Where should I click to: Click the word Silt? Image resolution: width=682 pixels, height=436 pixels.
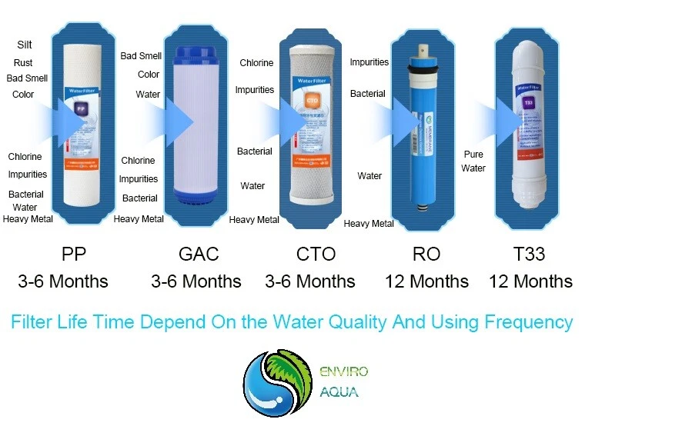25,45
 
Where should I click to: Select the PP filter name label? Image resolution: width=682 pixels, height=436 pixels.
74,254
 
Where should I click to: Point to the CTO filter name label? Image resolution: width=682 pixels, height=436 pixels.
316,254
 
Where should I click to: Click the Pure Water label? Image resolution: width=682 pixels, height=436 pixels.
473,161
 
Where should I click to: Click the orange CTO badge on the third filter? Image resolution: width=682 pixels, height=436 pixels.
313,100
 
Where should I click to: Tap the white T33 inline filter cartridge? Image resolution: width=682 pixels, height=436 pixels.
529,123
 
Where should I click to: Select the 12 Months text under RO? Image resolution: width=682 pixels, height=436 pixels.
426,281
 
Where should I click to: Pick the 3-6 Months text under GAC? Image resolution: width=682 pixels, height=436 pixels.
196,281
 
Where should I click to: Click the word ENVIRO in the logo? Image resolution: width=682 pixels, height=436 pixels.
344,372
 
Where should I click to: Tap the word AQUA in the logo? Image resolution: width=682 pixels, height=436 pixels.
339,392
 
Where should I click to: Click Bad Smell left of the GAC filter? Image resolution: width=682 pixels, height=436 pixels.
141,56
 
